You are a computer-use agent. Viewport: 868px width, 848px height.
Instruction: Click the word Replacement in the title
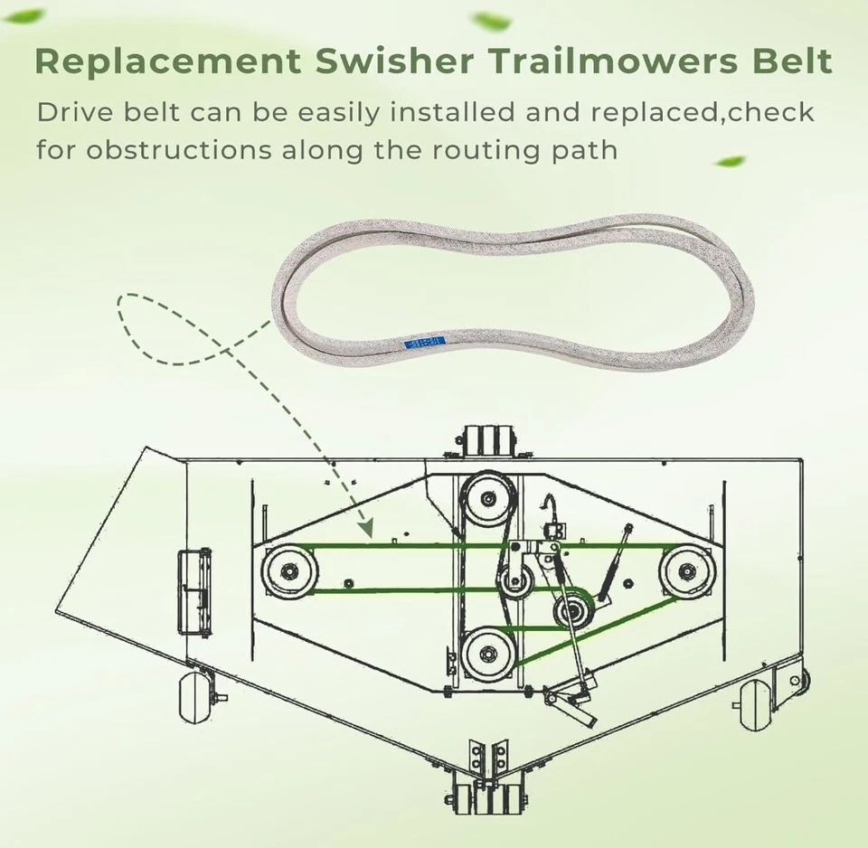[x=166, y=61]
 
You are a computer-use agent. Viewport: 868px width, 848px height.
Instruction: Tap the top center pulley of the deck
[x=488, y=498]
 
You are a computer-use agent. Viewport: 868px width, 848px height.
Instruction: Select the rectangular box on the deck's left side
[x=195, y=582]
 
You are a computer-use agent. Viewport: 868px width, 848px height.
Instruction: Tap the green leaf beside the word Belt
[x=731, y=162]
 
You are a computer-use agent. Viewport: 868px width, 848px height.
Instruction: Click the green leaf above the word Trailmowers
[x=494, y=20]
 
